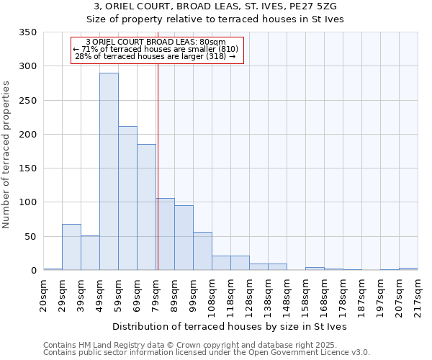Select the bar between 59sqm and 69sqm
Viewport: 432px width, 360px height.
127,198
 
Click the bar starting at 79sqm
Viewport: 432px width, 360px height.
165,234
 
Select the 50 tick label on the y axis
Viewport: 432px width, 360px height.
30,237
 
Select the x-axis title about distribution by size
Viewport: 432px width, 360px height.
230,326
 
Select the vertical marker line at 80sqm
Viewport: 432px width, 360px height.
158,166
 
